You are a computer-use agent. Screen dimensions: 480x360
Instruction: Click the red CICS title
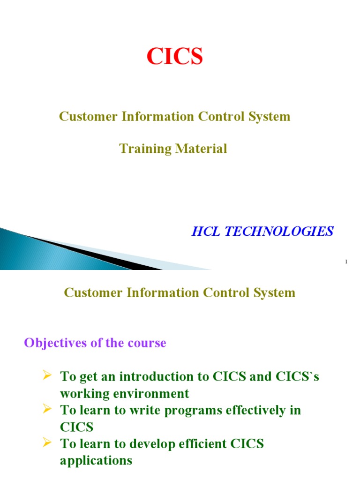[175, 57]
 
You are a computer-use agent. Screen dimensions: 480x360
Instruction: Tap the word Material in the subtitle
[202, 149]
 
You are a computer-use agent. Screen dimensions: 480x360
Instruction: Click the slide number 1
[346, 262]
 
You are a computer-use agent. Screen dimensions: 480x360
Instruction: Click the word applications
[96, 460]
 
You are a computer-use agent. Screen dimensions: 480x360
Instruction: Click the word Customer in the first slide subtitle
[89, 116]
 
